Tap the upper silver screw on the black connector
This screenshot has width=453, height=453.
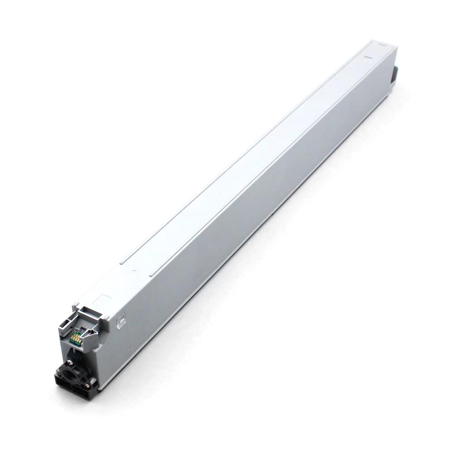[69, 362]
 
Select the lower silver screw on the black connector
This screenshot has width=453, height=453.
[87, 386]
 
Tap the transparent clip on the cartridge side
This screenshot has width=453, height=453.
[121, 321]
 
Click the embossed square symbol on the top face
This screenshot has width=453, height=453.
[104, 301]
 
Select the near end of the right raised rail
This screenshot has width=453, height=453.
[151, 275]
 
